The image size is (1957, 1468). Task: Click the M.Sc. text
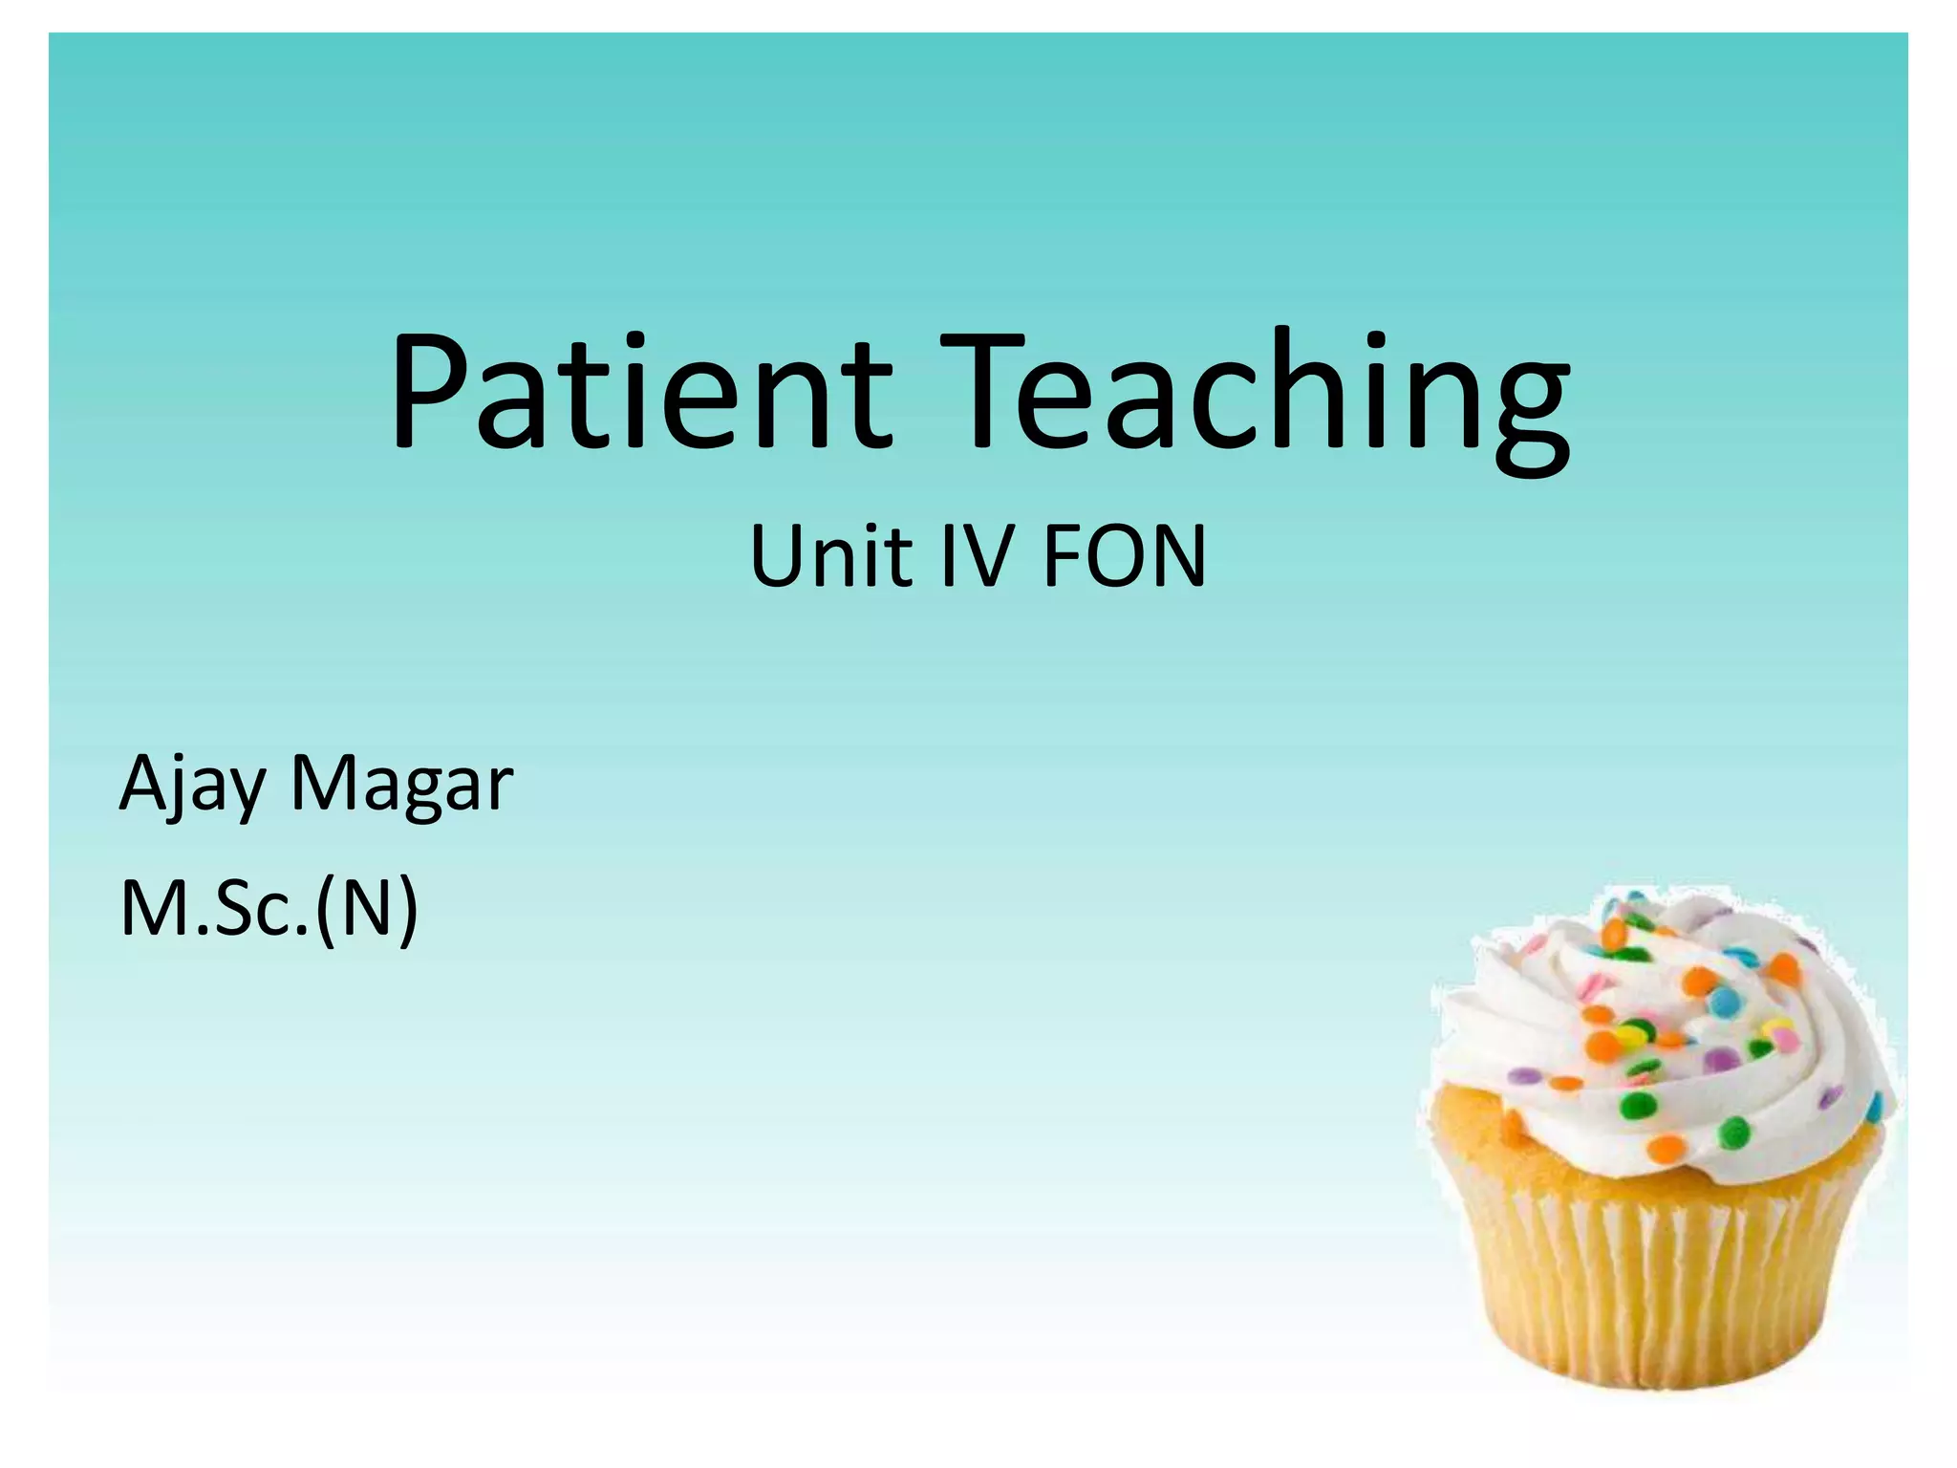[215, 908]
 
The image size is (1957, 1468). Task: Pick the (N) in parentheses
[368, 908]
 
